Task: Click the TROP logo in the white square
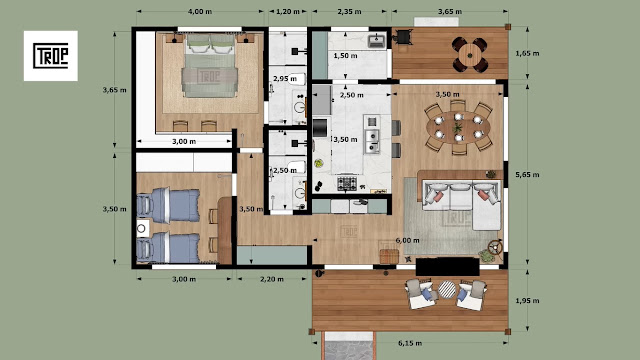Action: click(x=51, y=56)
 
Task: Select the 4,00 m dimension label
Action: click(x=200, y=11)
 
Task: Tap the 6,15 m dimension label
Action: click(x=410, y=343)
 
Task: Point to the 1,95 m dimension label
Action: click(x=527, y=301)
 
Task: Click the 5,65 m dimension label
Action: click(x=527, y=175)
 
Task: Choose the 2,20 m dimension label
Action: click(x=272, y=279)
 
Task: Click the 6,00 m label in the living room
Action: click(x=407, y=240)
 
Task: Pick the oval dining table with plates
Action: click(x=458, y=127)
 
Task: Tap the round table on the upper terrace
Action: click(x=470, y=54)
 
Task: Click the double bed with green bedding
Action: click(x=210, y=66)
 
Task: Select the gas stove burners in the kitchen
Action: click(x=347, y=183)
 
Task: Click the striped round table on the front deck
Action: click(x=447, y=289)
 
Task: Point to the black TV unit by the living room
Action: click(x=447, y=267)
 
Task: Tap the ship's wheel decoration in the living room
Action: click(x=495, y=247)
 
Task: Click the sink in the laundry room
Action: click(x=376, y=41)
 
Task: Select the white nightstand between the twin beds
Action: click(x=142, y=228)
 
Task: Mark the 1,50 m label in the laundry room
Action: click(x=345, y=56)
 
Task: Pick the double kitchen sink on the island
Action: click(x=372, y=141)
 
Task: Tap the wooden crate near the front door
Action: click(x=389, y=256)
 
